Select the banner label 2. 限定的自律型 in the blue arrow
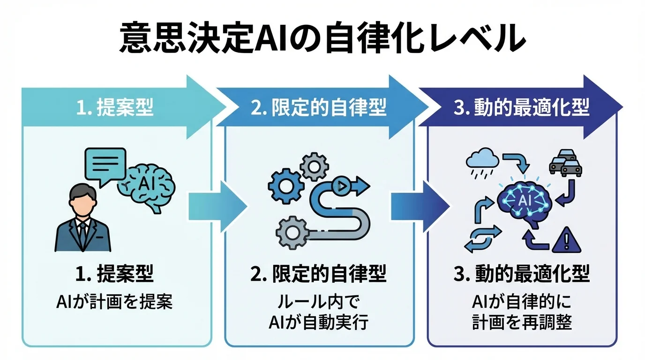click(x=318, y=109)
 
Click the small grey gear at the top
click(x=314, y=166)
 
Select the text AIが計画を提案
click(x=114, y=302)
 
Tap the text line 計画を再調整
click(x=522, y=323)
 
